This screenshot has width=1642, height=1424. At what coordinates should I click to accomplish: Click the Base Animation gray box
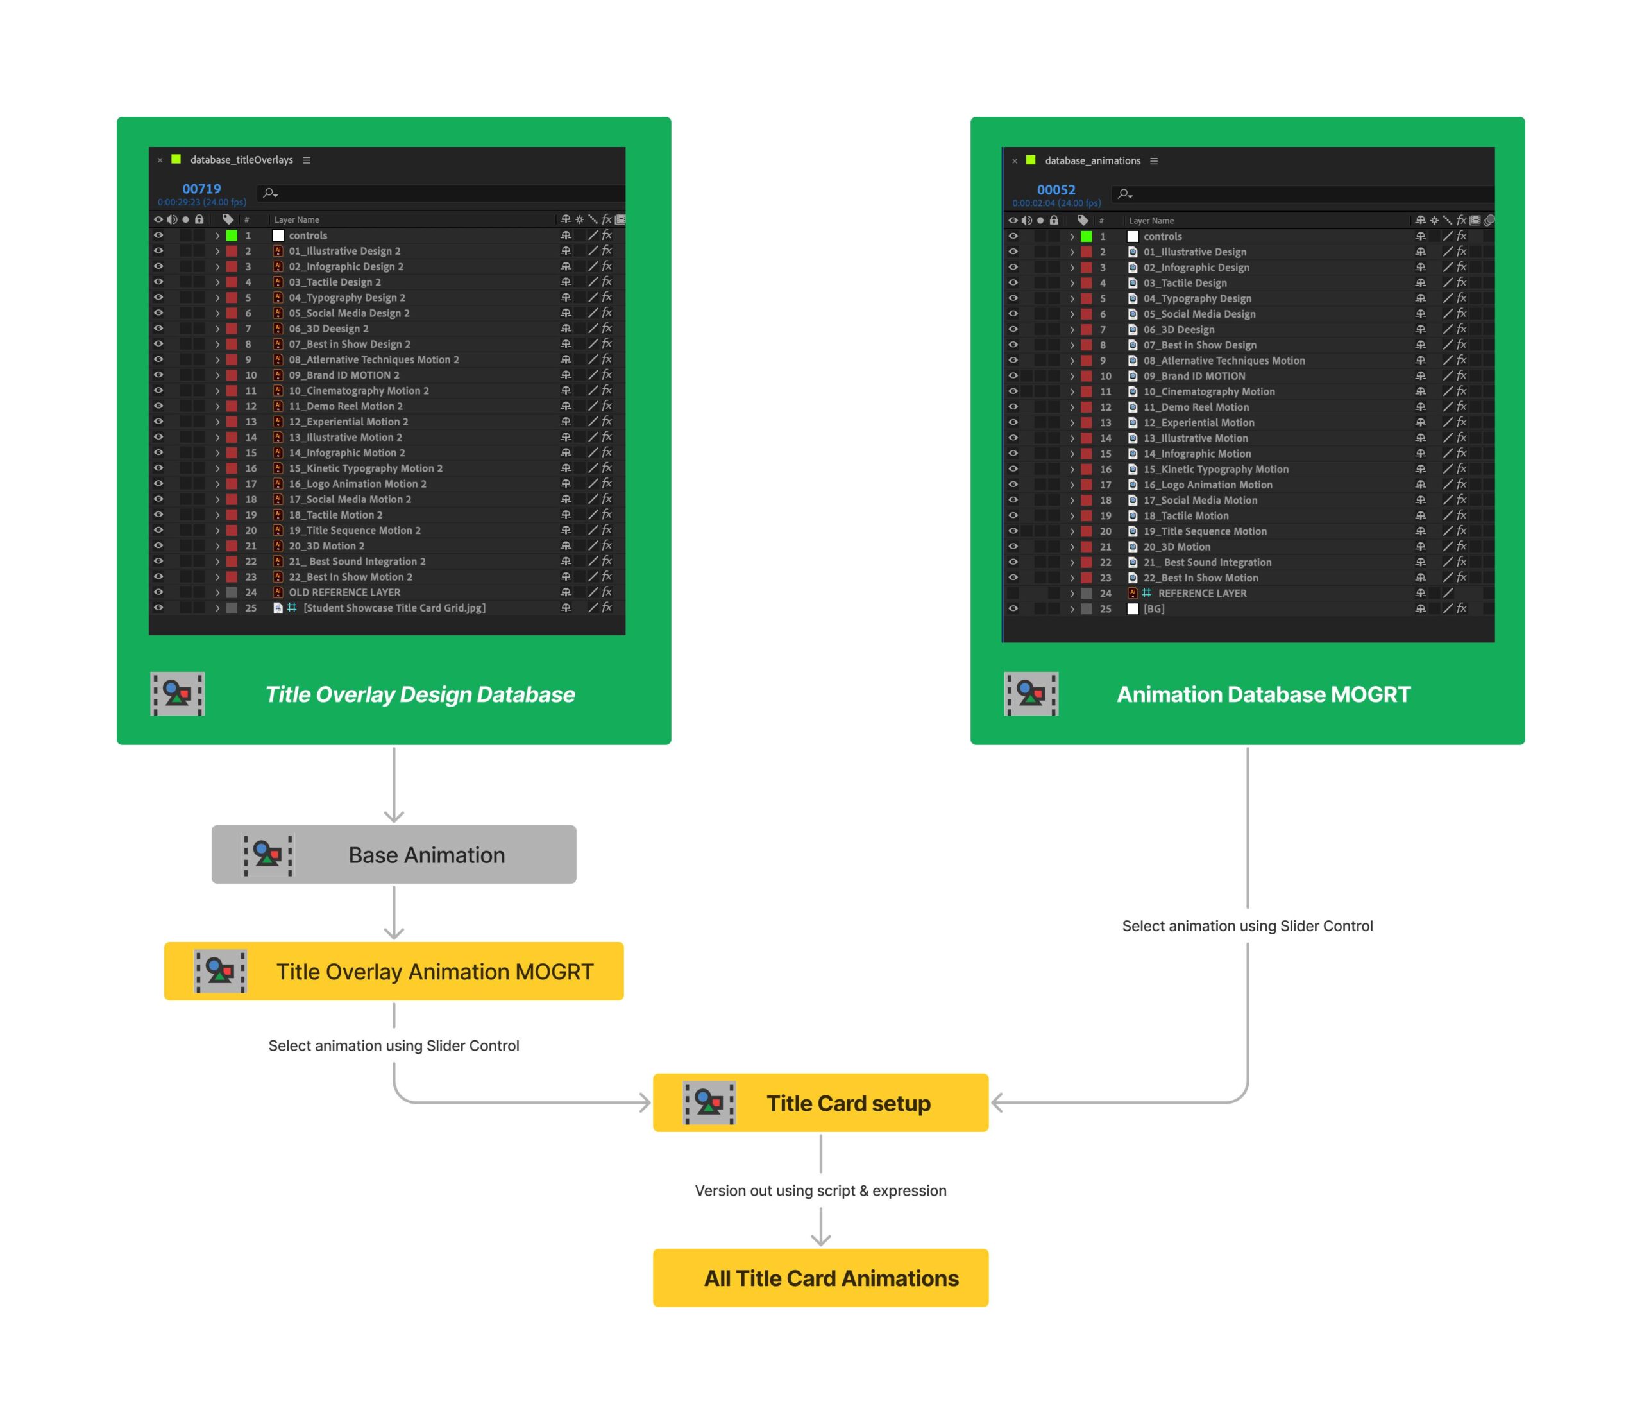coord(393,854)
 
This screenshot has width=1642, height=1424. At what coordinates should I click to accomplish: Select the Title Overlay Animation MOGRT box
coord(393,971)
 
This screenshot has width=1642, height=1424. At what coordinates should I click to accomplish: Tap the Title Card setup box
coord(820,1103)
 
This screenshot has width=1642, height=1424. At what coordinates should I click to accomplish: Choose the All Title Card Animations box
coord(820,1278)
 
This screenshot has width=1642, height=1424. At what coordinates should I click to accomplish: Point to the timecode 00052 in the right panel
coord(1056,190)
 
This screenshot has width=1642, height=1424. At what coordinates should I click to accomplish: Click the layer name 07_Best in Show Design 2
coord(350,344)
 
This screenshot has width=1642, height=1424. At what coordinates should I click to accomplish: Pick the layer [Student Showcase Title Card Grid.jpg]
coord(394,608)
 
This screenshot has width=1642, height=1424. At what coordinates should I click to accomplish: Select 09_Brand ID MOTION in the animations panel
coord(1194,377)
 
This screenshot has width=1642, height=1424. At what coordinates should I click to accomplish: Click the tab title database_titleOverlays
coord(242,160)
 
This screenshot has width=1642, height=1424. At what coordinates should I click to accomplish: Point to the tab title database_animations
coord(1092,160)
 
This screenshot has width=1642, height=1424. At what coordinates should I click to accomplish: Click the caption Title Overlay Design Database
coord(419,694)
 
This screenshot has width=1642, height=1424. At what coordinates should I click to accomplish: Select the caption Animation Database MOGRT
coord(1263,694)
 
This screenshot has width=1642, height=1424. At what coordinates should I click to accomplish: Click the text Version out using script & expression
coord(820,1190)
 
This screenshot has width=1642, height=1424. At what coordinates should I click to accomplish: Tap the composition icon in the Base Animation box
coord(267,855)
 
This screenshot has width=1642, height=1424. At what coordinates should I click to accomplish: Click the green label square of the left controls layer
coord(232,236)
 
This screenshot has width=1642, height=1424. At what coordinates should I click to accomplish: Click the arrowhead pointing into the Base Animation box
coord(394,817)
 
